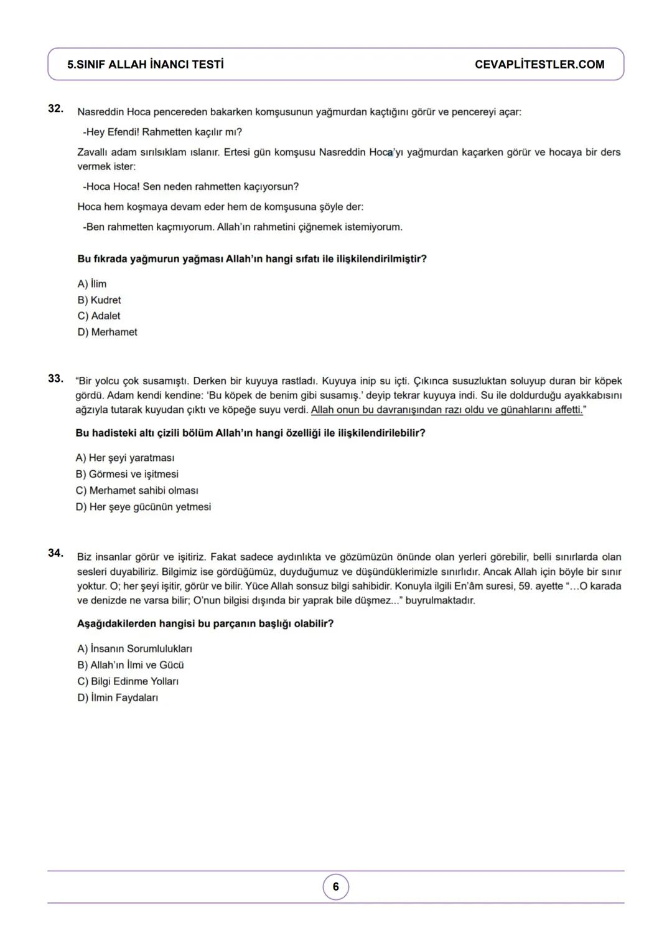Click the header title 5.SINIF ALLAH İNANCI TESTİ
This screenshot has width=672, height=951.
click(146, 65)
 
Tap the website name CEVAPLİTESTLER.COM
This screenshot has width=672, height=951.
click(539, 65)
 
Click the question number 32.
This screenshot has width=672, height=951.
click(55, 108)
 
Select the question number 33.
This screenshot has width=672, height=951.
click(55, 379)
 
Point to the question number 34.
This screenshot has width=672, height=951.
click(55, 553)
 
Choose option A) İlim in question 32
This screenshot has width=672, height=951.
click(92, 284)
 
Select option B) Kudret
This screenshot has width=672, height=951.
click(99, 300)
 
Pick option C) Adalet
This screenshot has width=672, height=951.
click(99, 316)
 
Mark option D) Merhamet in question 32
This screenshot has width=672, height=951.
click(107, 333)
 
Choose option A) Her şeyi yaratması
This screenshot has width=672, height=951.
click(124, 458)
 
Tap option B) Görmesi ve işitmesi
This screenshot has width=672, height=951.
click(127, 475)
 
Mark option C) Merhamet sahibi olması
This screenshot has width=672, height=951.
click(137, 491)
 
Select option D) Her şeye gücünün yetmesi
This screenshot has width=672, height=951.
click(143, 507)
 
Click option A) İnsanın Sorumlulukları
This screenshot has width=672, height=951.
click(134, 649)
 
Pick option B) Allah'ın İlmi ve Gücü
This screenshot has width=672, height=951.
click(131, 665)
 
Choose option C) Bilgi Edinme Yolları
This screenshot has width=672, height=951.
click(128, 681)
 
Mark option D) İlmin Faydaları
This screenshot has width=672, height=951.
click(118, 698)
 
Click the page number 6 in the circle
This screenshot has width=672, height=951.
click(336, 887)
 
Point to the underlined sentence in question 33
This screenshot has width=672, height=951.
click(447, 410)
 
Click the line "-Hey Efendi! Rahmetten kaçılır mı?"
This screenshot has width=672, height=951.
click(162, 132)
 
